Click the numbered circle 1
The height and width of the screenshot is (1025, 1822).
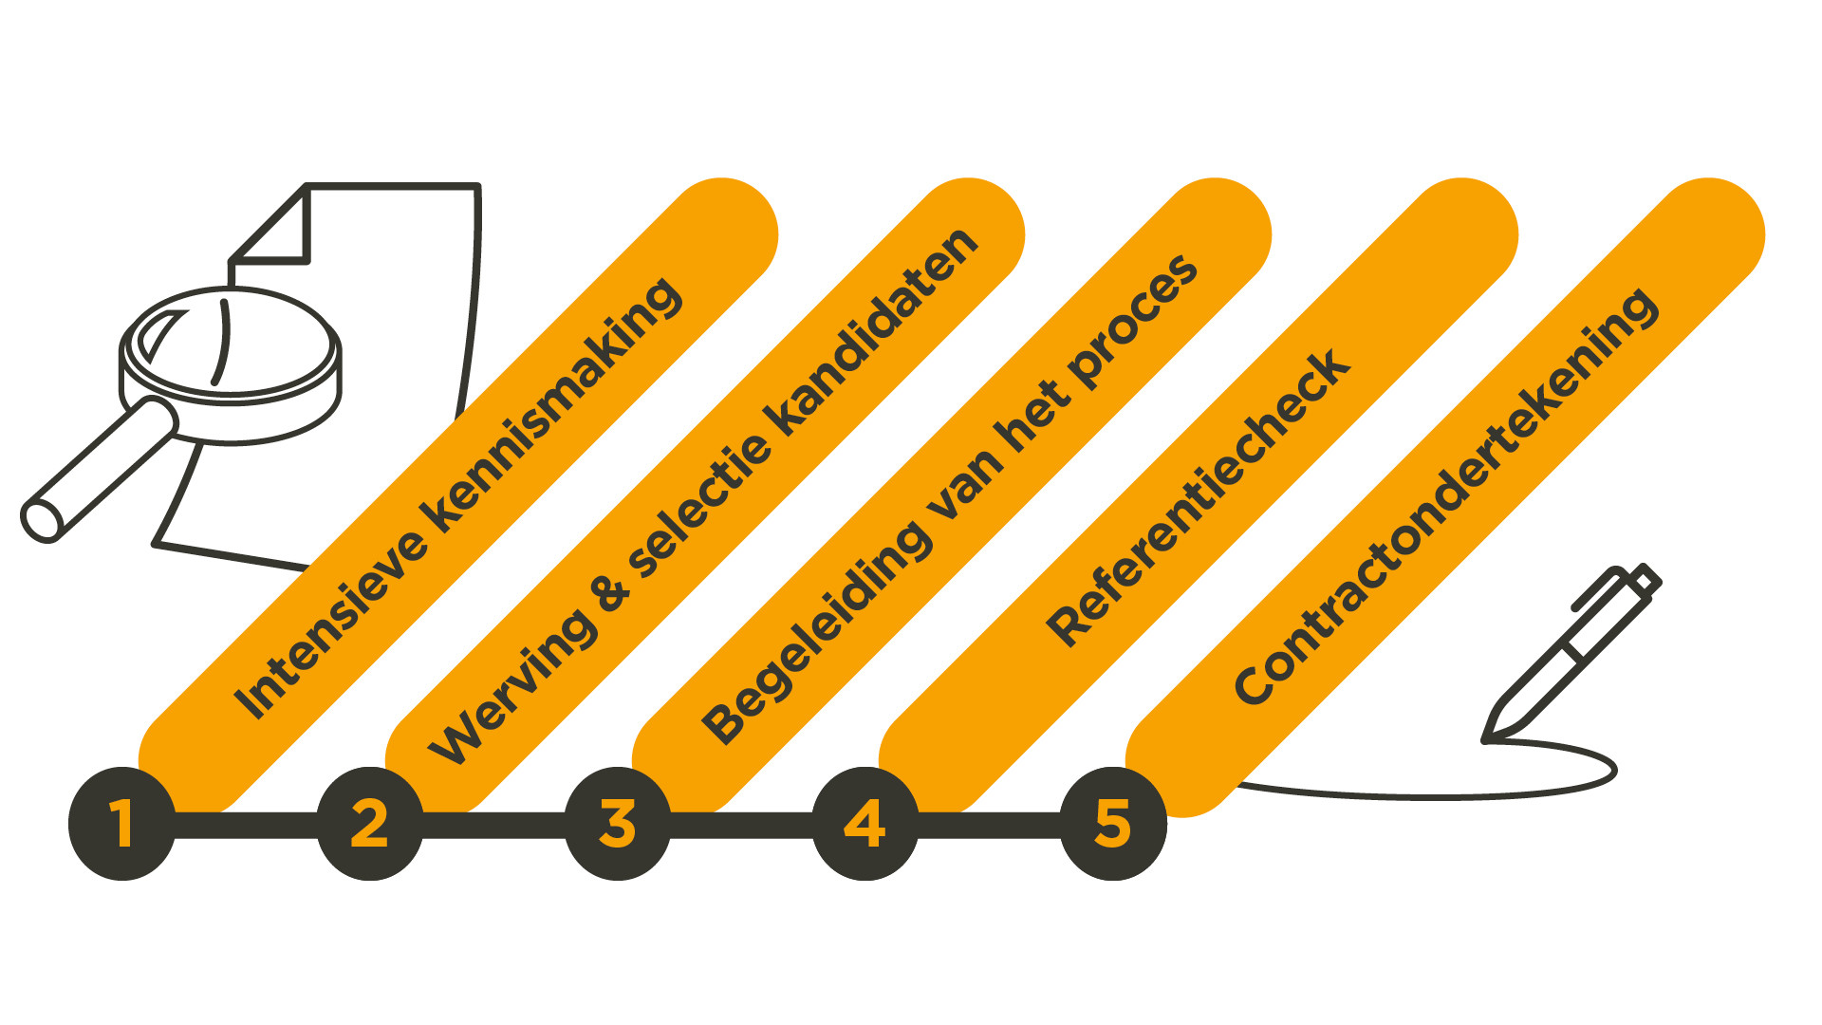121,823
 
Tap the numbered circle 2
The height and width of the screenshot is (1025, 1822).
369,823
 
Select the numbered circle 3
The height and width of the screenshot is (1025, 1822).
617,823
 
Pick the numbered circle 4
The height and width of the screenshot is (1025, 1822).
865,823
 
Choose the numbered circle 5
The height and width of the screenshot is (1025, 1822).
1112,823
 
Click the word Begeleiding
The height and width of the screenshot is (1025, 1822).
816,631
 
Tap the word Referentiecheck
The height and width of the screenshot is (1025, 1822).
1198,497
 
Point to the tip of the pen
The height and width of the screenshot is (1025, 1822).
1488,738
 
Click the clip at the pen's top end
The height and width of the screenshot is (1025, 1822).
1599,588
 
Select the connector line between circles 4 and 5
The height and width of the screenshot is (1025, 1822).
988,824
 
